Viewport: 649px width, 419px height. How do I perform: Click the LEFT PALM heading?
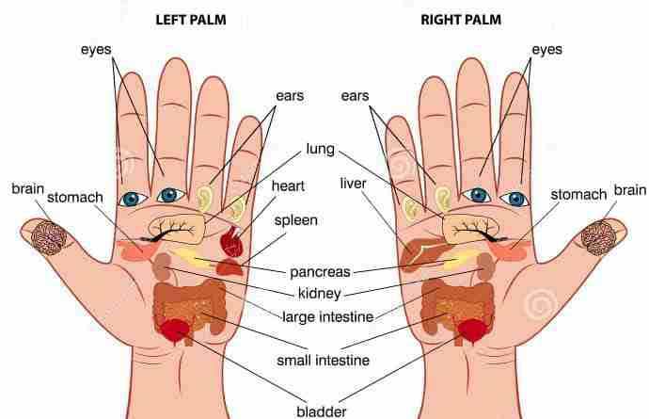191,20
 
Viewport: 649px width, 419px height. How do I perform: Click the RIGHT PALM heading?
461,20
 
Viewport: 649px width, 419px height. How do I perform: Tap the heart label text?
288,186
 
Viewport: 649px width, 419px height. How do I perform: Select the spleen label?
296,220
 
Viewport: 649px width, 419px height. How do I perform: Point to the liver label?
353,184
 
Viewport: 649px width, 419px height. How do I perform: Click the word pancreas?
320,272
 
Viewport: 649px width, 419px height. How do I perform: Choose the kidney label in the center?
320,294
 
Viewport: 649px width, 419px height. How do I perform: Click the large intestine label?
328,317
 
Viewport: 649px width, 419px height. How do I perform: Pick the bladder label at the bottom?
322,411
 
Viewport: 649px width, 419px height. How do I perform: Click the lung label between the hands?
321,149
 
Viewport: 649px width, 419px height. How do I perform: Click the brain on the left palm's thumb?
49,237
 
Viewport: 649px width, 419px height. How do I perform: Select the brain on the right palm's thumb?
599,237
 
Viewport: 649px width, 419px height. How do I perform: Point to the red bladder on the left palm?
176,330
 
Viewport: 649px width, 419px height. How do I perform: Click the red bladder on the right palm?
473,330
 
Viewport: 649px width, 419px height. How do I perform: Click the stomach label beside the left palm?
75,198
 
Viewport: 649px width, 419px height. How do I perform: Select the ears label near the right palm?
355,96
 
